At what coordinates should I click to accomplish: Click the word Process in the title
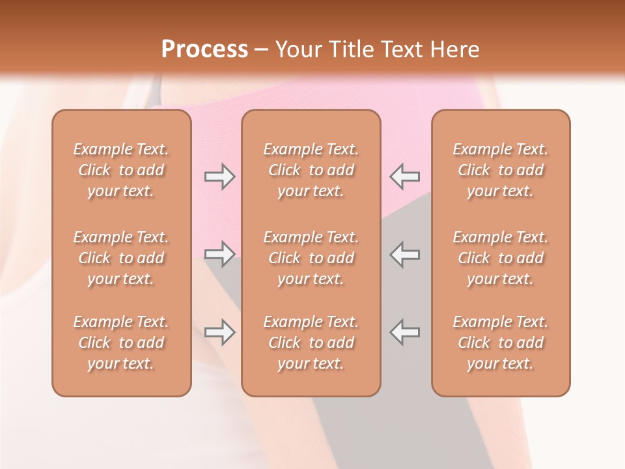[x=204, y=50]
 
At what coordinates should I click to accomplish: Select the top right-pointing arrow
[x=220, y=177]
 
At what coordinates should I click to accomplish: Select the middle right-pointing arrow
[x=220, y=254]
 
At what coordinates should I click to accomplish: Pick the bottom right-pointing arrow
[x=220, y=332]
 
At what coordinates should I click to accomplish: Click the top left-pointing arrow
[x=404, y=177]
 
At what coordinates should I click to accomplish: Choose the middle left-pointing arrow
[x=404, y=254]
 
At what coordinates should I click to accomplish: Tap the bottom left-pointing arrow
[x=404, y=332]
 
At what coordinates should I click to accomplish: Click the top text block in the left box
[x=121, y=170]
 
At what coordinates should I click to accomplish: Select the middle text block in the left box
[x=121, y=258]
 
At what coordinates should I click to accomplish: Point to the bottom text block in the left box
[x=121, y=343]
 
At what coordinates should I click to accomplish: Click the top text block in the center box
[x=311, y=170]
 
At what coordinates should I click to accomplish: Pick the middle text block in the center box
[x=311, y=258]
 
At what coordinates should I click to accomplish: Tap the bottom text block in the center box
[x=311, y=343]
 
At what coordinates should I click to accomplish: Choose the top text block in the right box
[x=501, y=170]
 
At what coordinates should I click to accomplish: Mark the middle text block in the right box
[x=501, y=258]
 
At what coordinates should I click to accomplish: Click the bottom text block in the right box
[x=501, y=343]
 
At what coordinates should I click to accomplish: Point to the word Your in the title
[x=298, y=50]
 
